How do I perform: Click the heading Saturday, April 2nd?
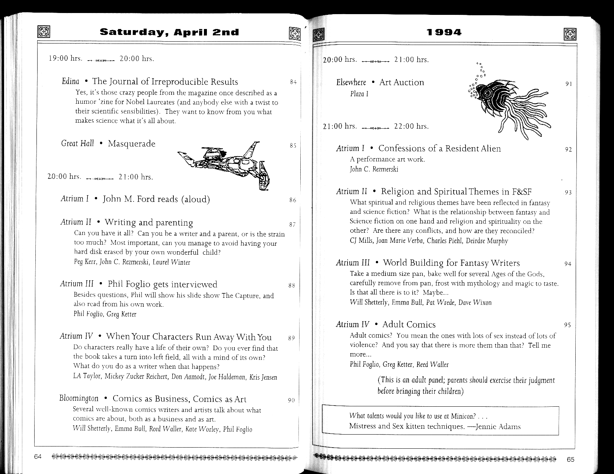click(x=169, y=32)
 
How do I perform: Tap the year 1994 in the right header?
click(x=444, y=32)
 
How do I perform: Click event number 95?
click(x=567, y=325)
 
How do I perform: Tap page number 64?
click(x=38, y=457)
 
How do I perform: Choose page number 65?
click(x=570, y=460)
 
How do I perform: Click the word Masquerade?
click(x=131, y=144)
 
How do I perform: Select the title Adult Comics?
click(x=409, y=325)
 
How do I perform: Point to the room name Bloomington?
click(x=79, y=399)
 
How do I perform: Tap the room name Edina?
click(x=70, y=81)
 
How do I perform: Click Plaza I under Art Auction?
click(x=359, y=94)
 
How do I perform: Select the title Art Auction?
click(x=402, y=83)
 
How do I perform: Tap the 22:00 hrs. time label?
click(x=411, y=126)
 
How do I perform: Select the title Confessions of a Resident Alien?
click(x=439, y=149)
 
